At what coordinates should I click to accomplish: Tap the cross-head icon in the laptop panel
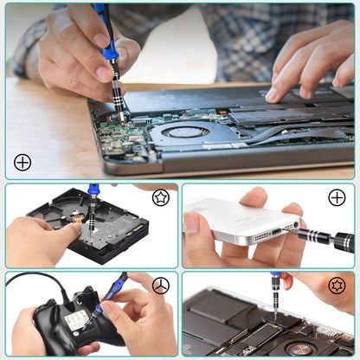coord(22,162)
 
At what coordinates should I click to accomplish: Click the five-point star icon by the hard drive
coord(160,198)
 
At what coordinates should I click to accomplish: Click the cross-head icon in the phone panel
coord(337,197)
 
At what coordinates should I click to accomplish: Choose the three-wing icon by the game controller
coord(160,286)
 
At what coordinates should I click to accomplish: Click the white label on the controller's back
coord(75,320)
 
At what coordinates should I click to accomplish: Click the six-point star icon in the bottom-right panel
coord(337,286)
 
